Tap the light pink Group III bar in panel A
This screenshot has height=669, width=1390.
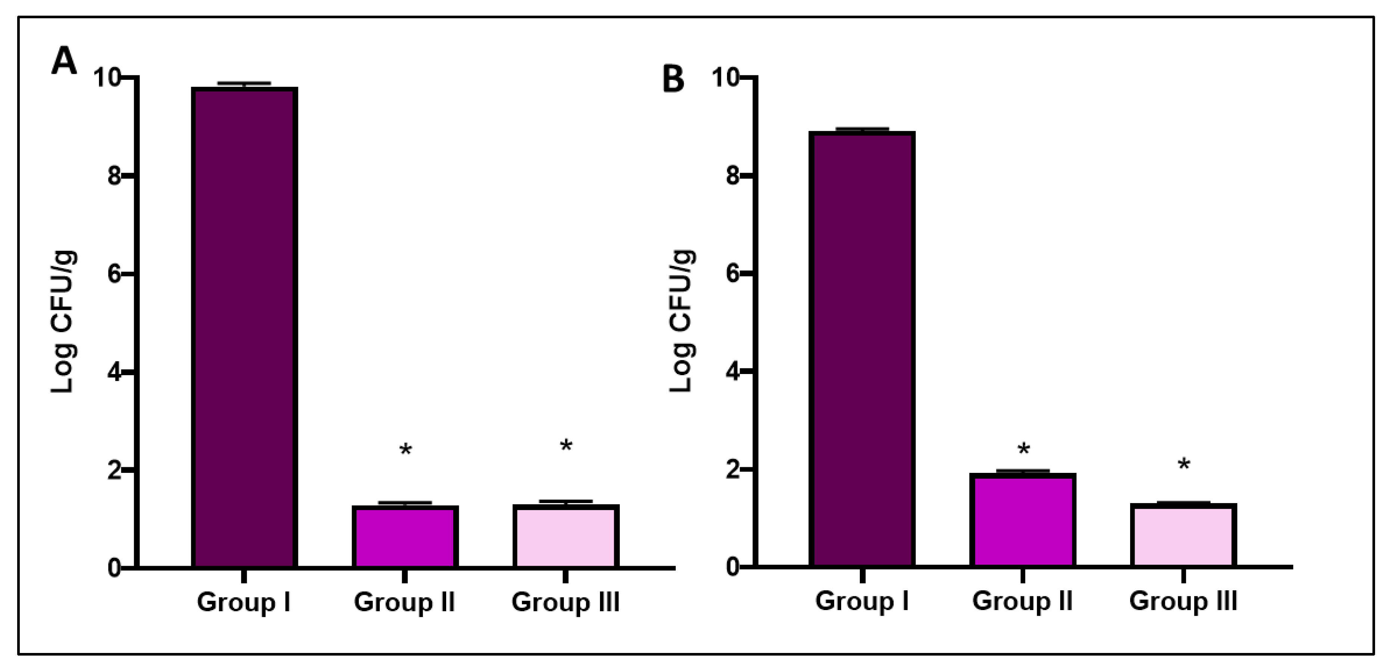566,536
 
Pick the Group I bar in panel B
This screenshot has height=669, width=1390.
862,349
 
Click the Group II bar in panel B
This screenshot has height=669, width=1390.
1023,520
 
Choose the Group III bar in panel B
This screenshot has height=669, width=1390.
1183,535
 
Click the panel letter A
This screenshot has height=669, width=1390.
64,61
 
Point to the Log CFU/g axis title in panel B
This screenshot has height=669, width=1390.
681,322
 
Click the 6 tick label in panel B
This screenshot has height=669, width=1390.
732,273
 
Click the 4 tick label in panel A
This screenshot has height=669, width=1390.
114,373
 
